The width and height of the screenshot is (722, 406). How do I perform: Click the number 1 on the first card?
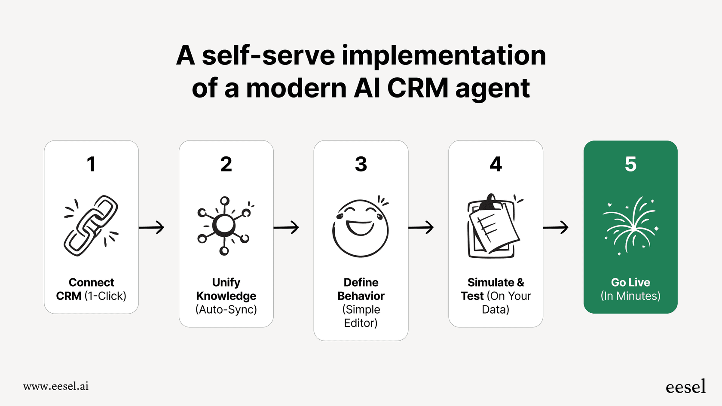click(x=91, y=164)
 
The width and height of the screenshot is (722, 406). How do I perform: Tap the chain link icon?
click(x=91, y=226)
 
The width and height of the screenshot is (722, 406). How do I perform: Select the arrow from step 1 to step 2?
click(x=152, y=227)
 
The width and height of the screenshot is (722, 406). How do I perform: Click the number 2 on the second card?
click(x=226, y=164)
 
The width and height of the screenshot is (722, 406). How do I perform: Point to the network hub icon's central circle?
click(x=224, y=224)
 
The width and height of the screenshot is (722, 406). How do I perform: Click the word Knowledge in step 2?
click(x=226, y=296)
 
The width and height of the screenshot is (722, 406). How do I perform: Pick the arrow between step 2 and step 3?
click(x=286, y=227)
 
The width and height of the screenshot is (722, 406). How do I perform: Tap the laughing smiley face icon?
click(x=361, y=228)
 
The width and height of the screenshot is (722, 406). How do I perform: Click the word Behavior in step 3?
click(x=361, y=296)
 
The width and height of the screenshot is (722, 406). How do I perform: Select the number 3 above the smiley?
click(x=361, y=164)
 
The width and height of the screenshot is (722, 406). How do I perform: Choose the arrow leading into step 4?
click(x=421, y=227)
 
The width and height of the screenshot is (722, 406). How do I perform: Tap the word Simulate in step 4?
click(x=490, y=282)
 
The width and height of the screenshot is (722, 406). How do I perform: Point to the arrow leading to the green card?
click(x=556, y=227)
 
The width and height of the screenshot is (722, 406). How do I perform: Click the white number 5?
click(x=630, y=164)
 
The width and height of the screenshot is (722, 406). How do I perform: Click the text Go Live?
click(x=630, y=282)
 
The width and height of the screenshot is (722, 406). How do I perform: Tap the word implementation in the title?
click(x=444, y=56)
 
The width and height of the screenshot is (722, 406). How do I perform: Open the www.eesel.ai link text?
click(x=56, y=386)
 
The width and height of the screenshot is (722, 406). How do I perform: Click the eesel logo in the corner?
click(x=685, y=387)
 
